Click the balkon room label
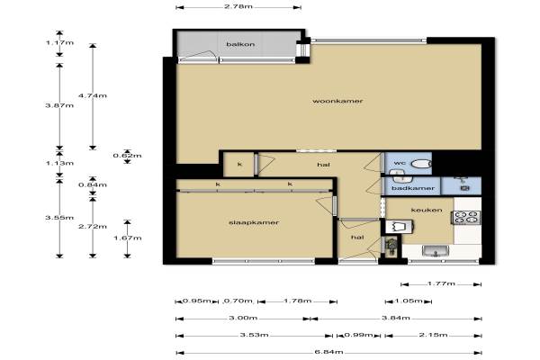pyautogui.click(x=240, y=44)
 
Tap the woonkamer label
pyautogui.click(x=337, y=101)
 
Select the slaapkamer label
pyautogui.click(x=254, y=222)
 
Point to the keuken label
pyautogui.click(x=427, y=210)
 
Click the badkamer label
pyautogui.click(x=413, y=188)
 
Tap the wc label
pyautogui.click(x=400, y=163)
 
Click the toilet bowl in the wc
pyautogui.click(x=421, y=164)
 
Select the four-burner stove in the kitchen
pyautogui.click(x=466, y=218)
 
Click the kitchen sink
pyautogui.click(x=436, y=251)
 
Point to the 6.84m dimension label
pyautogui.click(x=328, y=352)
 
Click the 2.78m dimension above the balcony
pyautogui.click(x=238, y=6)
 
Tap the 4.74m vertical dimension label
pyautogui.click(x=93, y=95)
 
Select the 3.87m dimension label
pyautogui.click(x=59, y=105)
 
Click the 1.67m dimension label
pyautogui.click(x=128, y=238)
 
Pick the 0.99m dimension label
pyautogui.click(x=358, y=335)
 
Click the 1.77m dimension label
pyautogui.click(x=441, y=283)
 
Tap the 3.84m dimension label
pyautogui.click(x=396, y=318)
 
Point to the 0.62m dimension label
pyautogui.click(x=127, y=156)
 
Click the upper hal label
pyautogui.click(x=323, y=165)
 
